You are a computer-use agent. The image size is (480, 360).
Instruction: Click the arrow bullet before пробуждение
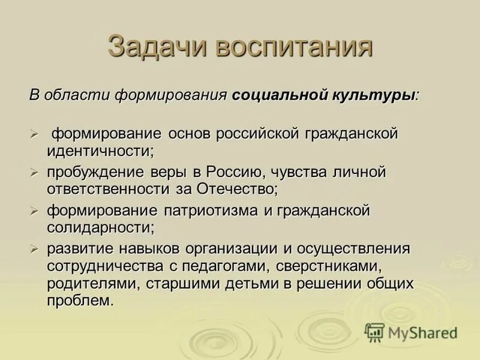35,173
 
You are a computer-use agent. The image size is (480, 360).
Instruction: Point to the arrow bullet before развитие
35,248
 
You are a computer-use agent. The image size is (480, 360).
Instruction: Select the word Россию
235,173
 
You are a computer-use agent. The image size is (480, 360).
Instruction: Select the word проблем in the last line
80,299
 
